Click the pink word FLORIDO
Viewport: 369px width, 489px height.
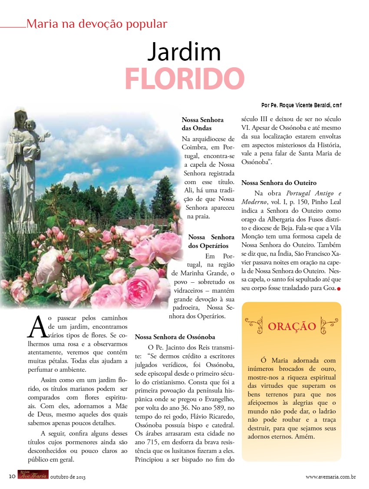(x=184, y=78)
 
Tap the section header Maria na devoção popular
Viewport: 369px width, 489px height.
(x=96, y=24)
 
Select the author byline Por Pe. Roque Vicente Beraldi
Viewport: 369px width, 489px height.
(x=304, y=106)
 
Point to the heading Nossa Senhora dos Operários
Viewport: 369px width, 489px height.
(x=211, y=241)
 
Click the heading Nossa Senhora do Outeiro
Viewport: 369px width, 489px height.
(x=279, y=183)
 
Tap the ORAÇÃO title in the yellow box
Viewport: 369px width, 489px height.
(x=292, y=327)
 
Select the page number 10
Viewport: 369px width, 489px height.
(x=12, y=476)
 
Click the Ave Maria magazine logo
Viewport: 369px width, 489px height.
(x=33, y=476)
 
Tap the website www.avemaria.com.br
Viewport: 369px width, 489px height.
(x=331, y=477)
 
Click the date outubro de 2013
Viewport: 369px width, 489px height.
(x=68, y=477)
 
